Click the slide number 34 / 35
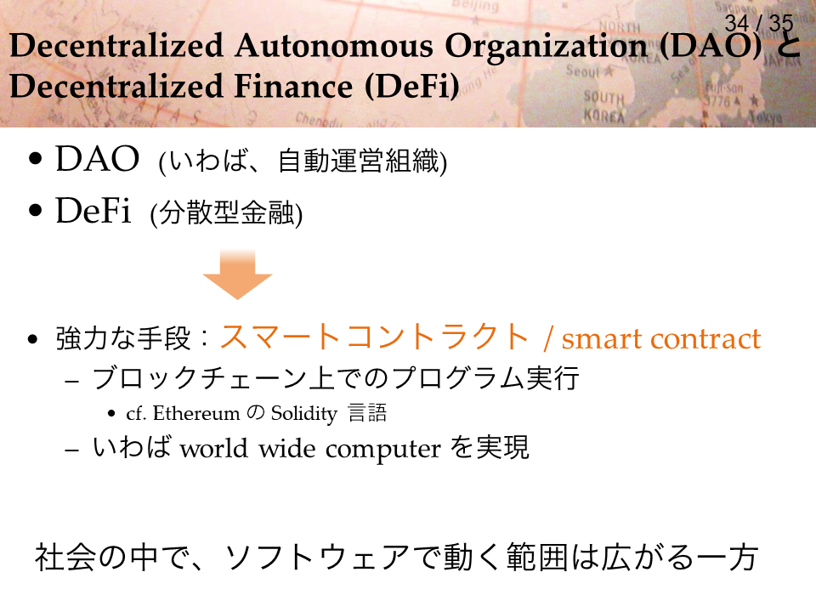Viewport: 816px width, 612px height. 759,23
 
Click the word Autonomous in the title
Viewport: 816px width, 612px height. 333,46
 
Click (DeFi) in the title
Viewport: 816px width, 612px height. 412,87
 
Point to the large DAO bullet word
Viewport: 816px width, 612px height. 97,159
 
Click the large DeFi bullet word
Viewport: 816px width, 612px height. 93,211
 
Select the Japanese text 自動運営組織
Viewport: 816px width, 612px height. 359,161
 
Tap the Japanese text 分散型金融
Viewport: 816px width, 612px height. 227,212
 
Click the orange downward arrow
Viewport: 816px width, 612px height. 237,275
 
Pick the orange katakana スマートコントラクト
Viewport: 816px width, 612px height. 374,337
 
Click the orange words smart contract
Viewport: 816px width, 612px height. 661,339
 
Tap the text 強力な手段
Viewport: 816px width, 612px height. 123,338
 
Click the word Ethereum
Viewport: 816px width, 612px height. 196,413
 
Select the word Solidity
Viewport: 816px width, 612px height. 304,414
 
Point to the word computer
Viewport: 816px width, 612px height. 383,450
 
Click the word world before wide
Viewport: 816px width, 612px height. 214,448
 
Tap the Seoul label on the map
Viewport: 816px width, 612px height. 583,71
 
